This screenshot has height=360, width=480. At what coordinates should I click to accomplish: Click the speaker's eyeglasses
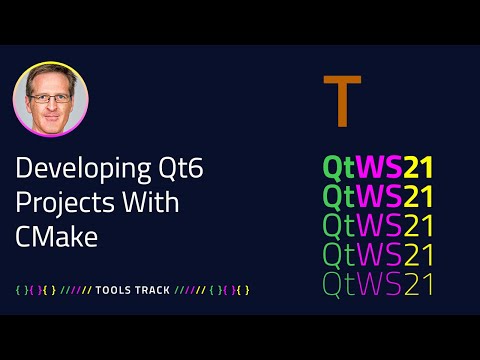[50, 99]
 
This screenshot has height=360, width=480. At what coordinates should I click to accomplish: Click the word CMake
[51, 232]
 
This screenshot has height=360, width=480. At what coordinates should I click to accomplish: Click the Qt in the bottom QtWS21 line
[339, 284]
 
